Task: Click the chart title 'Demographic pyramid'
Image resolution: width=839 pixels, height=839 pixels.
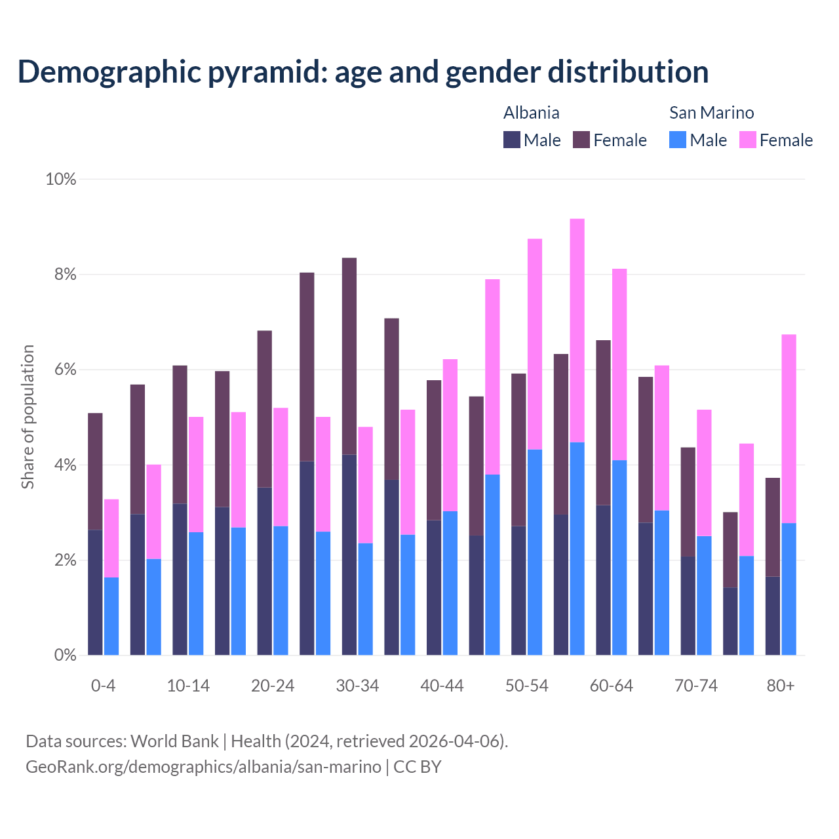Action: tap(362, 71)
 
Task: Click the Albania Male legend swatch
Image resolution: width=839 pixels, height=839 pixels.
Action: tap(512, 140)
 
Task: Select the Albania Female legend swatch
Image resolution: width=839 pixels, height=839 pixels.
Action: tap(581, 140)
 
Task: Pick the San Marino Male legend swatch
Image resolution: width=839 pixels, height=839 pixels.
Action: tap(678, 140)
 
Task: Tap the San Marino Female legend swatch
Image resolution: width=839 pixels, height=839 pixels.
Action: tap(748, 140)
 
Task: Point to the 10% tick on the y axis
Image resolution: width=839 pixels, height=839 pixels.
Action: tap(61, 179)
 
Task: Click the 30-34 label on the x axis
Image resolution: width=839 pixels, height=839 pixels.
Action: tap(357, 686)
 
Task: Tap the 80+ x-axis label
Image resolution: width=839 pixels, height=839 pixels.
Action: tap(780, 686)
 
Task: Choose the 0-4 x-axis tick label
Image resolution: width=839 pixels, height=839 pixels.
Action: tap(103, 686)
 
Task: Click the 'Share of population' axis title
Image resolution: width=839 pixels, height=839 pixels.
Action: tap(28, 417)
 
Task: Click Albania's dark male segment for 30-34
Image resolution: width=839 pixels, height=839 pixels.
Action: tap(349, 555)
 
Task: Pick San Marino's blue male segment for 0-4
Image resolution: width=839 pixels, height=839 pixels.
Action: tap(111, 616)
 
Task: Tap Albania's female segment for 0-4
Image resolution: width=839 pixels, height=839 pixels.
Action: tap(95, 471)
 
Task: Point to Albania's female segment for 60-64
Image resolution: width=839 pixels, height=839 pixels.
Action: tap(604, 423)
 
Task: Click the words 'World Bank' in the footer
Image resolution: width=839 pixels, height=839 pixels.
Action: tap(174, 741)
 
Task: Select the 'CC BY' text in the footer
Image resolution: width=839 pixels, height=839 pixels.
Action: tap(418, 766)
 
